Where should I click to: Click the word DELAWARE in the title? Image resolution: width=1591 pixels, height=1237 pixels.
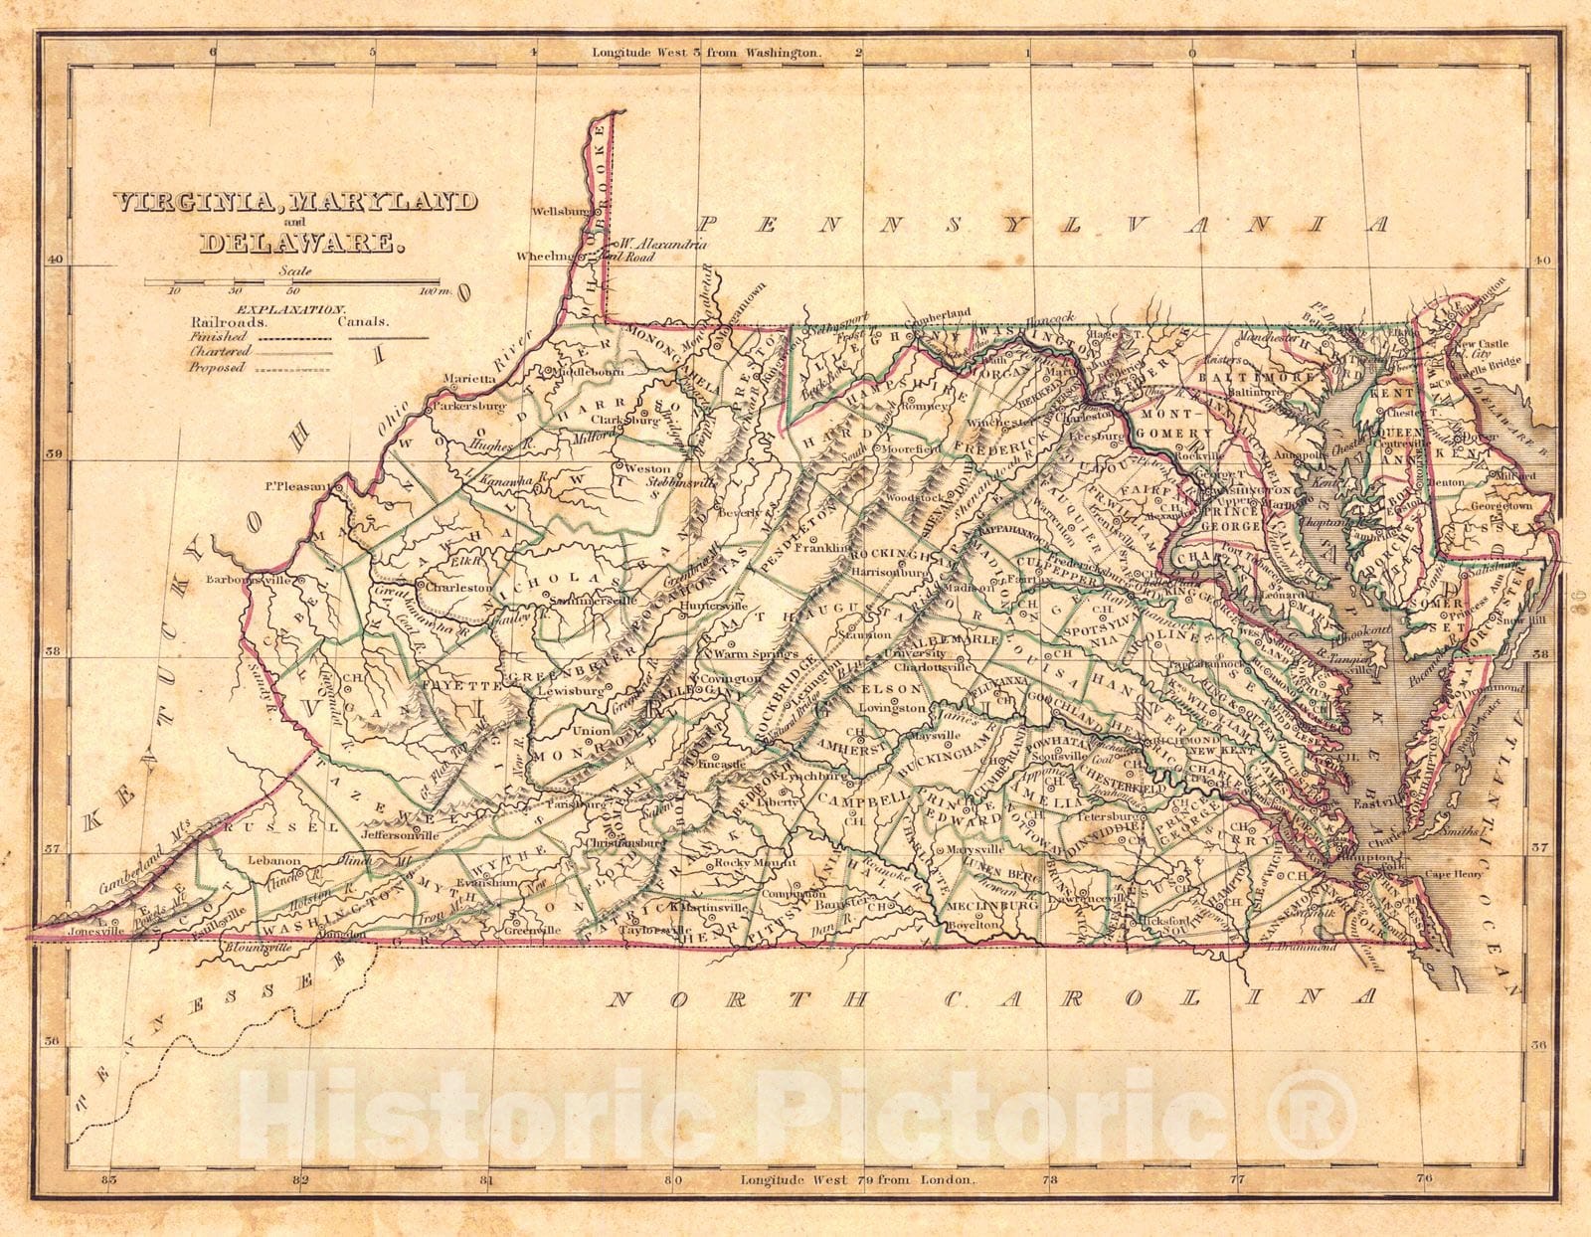(x=302, y=241)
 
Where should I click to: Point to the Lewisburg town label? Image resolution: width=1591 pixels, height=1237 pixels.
(x=568, y=689)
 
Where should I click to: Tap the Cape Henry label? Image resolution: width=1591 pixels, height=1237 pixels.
(x=1455, y=874)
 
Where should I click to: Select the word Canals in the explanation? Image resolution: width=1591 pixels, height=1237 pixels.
(x=364, y=322)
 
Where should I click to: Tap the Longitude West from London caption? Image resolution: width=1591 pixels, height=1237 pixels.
(x=859, y=1180)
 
